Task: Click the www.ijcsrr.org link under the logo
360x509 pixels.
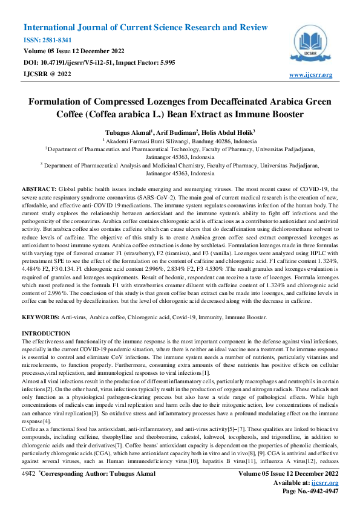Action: (x=311, y=74)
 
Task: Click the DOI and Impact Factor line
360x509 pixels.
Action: (x=99, y=63)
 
